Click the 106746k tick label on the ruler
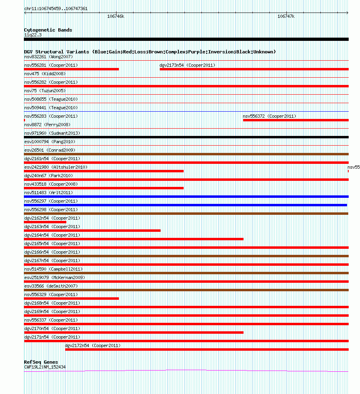tap(116, 17)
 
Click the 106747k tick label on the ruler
tap(286, 17)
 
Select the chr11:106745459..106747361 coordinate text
tap(56, 8)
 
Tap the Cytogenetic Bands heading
tap(48, 30)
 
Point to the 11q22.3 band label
tap(33, 35)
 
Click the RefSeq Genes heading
tap(41, 362)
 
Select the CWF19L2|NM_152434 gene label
tap(45, 367)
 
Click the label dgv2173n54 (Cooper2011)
tap(187, 65)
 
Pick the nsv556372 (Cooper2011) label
tap(269, 116)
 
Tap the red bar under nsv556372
tap(295, 120)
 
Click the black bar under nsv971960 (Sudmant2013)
tap(186, 137)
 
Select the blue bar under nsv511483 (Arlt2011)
tap(186, 197)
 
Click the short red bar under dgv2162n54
tap(45, 222)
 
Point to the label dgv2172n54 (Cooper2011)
tap(93, 345)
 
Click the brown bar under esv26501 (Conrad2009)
tap(186, 154)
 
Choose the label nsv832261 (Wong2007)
tap(48, 57)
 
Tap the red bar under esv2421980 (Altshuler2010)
tap(104, 171)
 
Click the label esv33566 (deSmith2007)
tap(51, 286)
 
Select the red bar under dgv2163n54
tap(92, 231)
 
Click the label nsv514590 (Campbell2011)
tap(53, 269)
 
